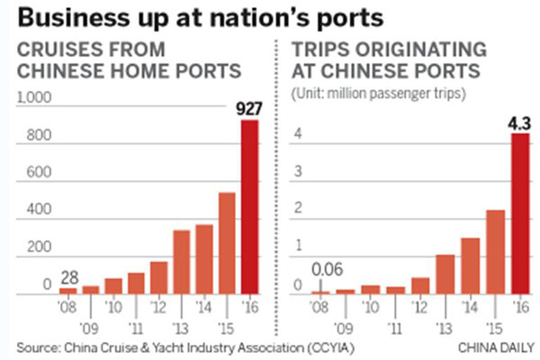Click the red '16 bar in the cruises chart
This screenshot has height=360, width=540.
251,207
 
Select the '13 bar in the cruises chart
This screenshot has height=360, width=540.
182,262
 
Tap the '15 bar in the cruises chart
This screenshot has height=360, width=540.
228,243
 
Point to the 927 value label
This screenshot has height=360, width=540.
250,108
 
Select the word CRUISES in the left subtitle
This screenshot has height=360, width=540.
58,49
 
